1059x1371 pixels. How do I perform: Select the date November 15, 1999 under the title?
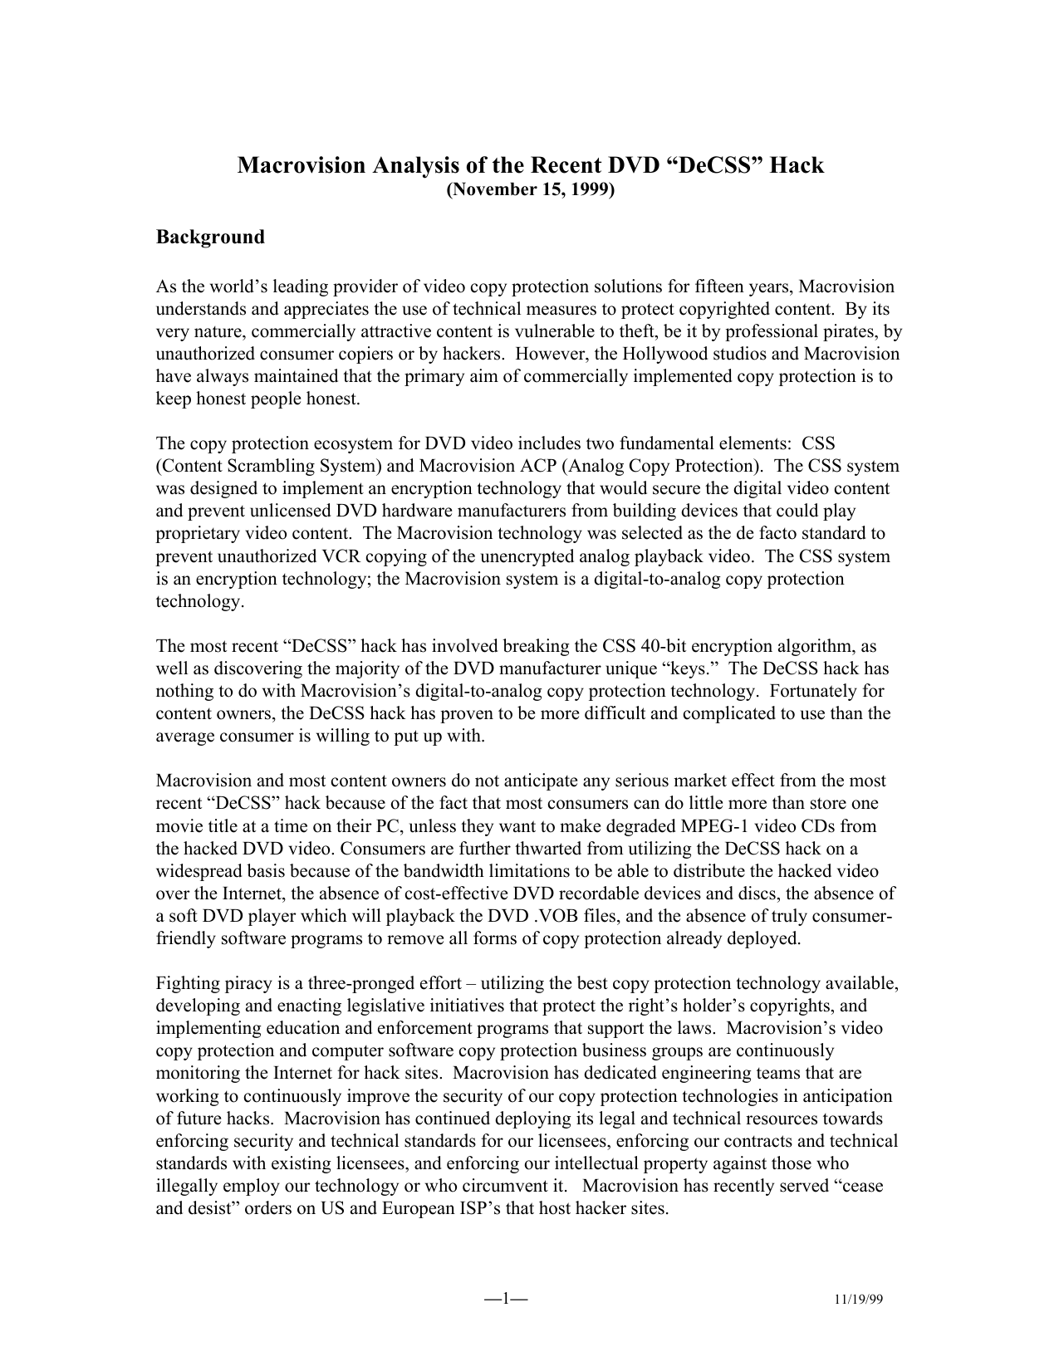531,190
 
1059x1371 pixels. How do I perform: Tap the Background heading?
210,237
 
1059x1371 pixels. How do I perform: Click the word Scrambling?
278,466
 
